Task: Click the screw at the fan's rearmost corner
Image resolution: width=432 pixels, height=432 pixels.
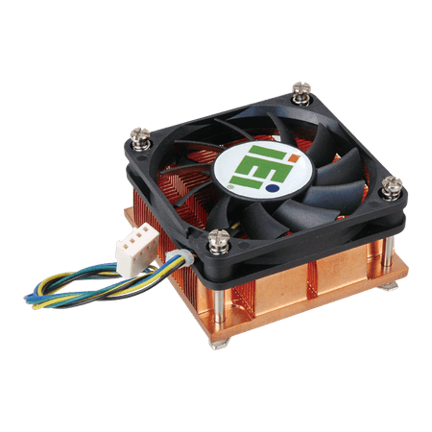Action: coord(301,93)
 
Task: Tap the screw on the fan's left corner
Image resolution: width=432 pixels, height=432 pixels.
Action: coord(140,139)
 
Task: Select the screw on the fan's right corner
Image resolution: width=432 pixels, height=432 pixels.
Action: coord(392,188)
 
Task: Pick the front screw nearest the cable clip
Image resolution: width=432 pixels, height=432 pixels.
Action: coord(219,241)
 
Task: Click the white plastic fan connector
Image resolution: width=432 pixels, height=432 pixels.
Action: coord(137,249)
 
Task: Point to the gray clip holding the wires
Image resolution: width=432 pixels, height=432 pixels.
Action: coord(180,257)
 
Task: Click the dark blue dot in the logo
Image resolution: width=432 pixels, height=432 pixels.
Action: coord(272,188)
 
